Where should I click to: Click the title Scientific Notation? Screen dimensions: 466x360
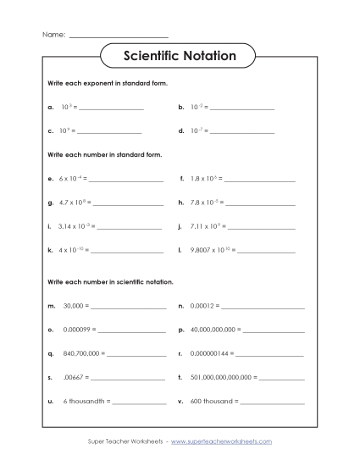click(x=180, y=57)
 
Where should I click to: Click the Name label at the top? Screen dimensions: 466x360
click(x=52, y=35)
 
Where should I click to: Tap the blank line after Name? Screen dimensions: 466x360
click(x=118, y=36)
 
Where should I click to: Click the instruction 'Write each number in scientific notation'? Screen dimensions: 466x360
click(x=110, y=280)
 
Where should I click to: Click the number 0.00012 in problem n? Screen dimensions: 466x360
click(x=204, y=304)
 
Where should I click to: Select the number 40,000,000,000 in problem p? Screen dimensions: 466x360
click(x=213, y=328)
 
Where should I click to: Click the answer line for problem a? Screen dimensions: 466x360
click(x=110, y=109)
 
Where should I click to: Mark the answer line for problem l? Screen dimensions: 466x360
click(x=267, y=252)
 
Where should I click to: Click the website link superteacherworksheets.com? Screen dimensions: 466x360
click(x=221, y=441)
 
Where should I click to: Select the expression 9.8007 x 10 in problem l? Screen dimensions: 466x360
click(x=209, y=251)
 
